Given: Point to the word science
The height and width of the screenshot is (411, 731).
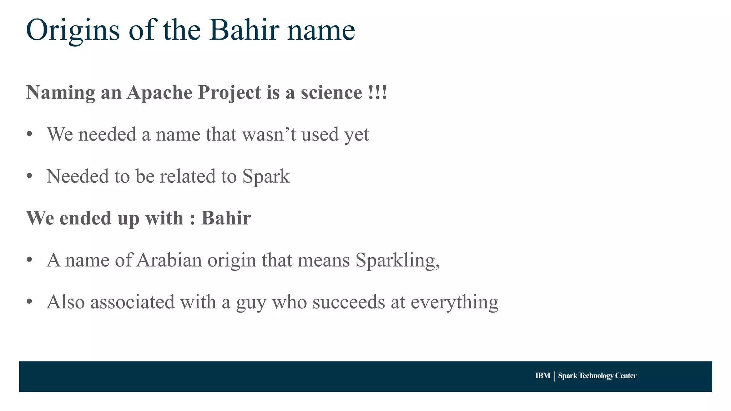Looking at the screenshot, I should coord(331,92).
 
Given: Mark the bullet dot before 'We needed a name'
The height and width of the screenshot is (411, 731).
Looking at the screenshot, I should coord(30,135).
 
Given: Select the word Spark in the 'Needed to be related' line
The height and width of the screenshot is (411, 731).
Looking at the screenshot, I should coord(266,177).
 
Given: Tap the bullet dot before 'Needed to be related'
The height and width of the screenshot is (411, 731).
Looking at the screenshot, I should coord(30,176).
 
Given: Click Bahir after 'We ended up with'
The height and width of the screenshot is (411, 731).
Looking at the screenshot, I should coord(226,218).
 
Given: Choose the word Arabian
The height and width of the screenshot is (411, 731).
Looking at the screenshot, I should coord(169,260).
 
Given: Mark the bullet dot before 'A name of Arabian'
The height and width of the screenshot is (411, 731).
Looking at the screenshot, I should coord(30,260).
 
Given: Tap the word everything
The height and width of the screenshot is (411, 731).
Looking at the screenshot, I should coord(454,303).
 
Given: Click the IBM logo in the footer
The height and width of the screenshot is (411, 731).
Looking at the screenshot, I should coord(543,376).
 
